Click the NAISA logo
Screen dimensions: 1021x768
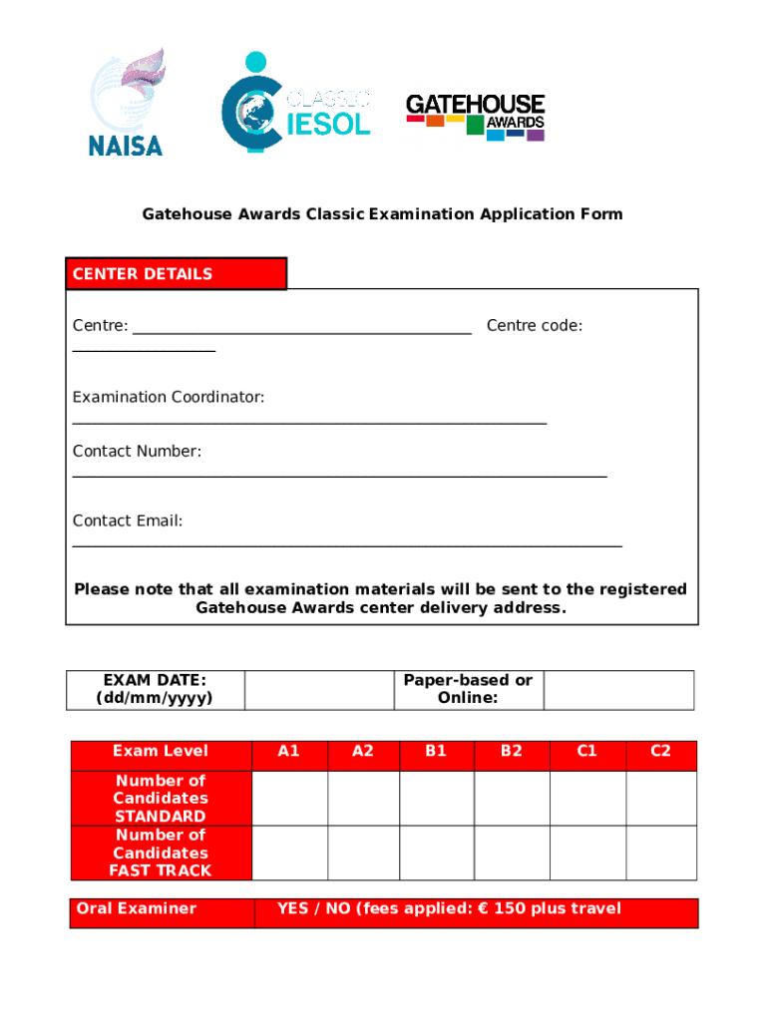point(125,103)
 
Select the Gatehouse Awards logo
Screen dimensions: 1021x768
point(475,117)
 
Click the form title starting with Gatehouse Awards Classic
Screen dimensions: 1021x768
point(382,214)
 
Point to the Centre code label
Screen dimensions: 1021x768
point(535,325)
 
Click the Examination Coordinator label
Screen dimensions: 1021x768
point(169,397)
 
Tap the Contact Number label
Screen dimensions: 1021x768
point(137,452)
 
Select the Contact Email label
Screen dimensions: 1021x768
point(128,520)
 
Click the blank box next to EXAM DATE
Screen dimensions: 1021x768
point(319,689)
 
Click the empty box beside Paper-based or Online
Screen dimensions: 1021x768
point(618,689)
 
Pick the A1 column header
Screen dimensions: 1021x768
point(289,752)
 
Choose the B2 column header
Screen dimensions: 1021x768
point(512,752)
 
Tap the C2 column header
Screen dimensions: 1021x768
point(661,752)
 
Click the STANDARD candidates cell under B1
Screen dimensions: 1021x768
point(436,798)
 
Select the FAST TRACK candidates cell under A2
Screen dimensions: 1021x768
point(363,852)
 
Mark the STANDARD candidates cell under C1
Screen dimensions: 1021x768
point(587,798)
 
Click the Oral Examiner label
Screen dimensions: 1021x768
point(137,908)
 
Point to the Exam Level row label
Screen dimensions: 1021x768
point(161,752)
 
